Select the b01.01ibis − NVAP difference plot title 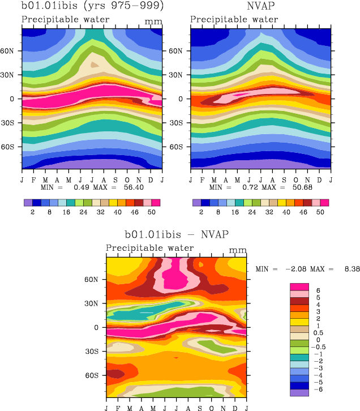[177, 234]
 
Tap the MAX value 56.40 [147, 187]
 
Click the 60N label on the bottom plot [97, 279]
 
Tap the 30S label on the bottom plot [97, 351]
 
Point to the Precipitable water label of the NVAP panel [234, 19]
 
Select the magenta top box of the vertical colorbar [299, 287]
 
